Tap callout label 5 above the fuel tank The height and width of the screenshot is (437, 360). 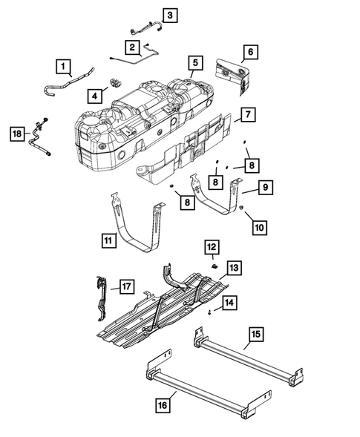point(194,63)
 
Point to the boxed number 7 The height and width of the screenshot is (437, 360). point(249,115)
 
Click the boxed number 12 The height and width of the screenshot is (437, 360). point(212,246)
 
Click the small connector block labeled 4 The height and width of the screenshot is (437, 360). point(115,82)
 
